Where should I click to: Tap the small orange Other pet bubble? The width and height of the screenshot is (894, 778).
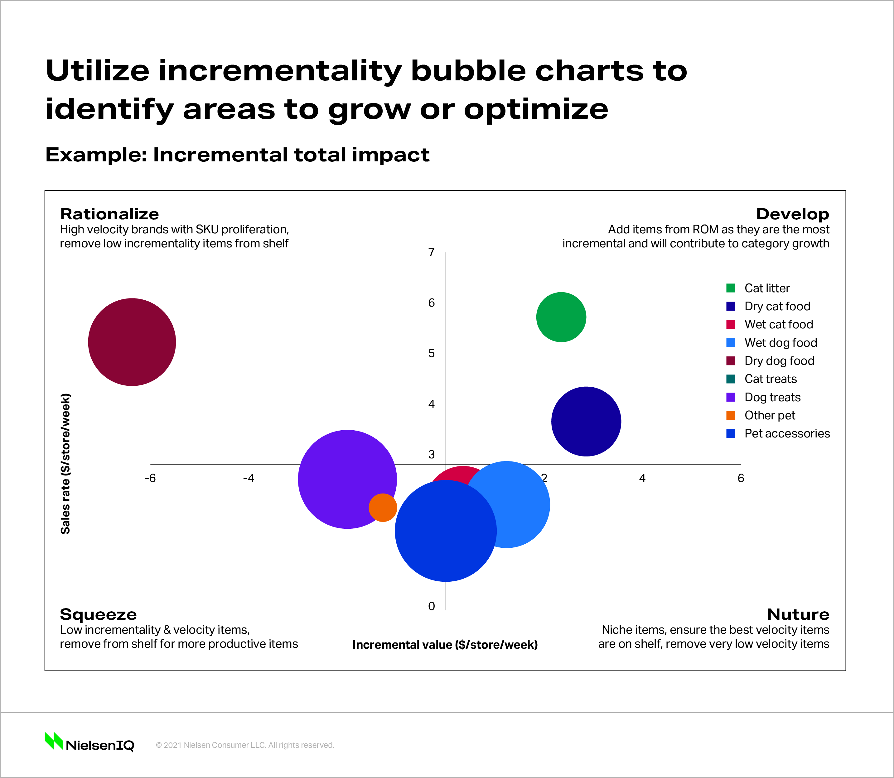382,508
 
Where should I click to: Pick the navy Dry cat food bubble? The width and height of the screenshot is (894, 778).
586,421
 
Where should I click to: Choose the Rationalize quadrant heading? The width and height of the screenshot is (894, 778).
109,214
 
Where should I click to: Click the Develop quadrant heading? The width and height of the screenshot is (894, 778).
792,214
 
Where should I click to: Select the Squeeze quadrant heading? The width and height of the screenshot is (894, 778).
98,614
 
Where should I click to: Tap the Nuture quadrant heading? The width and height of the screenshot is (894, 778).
798,614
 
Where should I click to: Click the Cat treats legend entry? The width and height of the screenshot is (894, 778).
770,379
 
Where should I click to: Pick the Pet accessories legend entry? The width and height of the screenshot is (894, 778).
787,433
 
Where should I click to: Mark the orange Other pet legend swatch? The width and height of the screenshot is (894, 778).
731,415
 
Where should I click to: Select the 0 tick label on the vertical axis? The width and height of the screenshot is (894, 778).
431,606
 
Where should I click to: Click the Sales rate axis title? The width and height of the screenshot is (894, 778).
65,463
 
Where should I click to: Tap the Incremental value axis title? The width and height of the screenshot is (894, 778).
445,645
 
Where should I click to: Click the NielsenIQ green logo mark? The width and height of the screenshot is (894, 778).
54,741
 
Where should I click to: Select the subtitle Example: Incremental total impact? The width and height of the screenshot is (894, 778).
237,155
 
